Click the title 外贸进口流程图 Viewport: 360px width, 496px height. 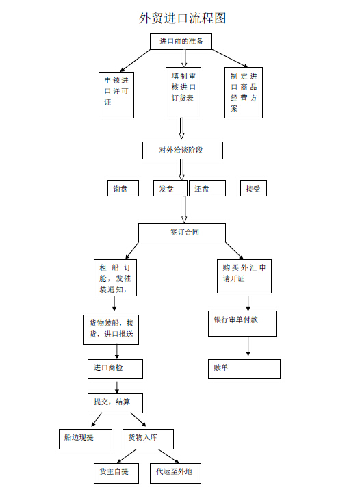[183, 18]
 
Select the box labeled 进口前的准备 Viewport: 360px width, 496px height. [181, 42]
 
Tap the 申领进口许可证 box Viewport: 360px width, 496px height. [116, 95]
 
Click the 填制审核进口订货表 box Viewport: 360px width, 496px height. [183, 92]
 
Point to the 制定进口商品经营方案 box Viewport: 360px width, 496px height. [244, 92]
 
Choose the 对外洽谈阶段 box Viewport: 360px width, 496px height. [183, 151]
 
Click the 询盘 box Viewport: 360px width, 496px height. [123, 188]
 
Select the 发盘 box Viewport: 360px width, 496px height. [170, 188]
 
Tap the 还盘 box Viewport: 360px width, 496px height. [207, 188]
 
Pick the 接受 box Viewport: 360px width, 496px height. [253, 188]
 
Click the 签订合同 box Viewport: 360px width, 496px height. [182, 233]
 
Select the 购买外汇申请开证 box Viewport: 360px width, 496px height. [244, 276]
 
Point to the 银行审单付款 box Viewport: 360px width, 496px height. [242, 324]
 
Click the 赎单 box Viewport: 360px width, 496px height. [244, 369]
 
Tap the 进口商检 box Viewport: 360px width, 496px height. [115, 369]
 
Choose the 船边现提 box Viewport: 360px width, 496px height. [86, 439]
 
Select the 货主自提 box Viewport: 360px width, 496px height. [116, 473]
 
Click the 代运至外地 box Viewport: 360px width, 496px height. [175, 473]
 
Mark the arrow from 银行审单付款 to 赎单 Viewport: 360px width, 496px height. [248, 346]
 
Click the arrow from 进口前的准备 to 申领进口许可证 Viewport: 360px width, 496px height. [136, 61]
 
